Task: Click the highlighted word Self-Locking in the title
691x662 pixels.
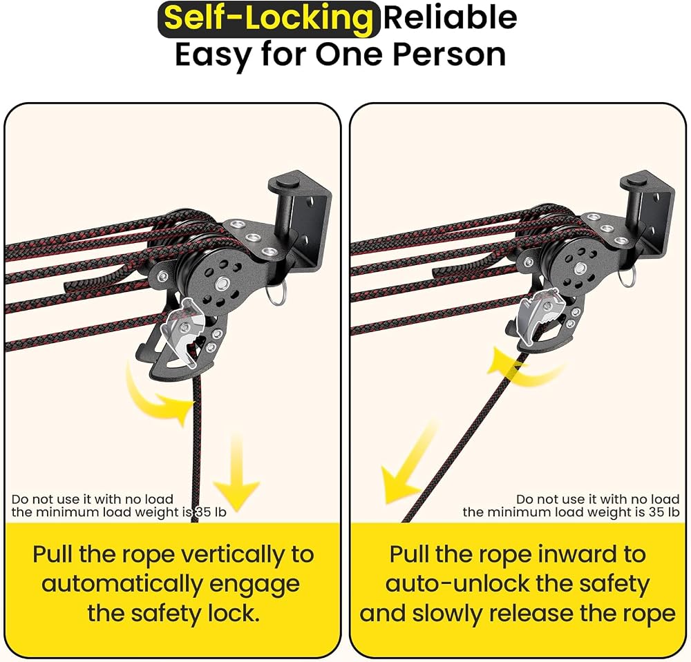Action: click(x=268, y=19)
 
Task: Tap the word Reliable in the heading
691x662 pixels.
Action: click(x=451, y=18)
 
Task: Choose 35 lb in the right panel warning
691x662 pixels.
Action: click(x=663, y=512)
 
